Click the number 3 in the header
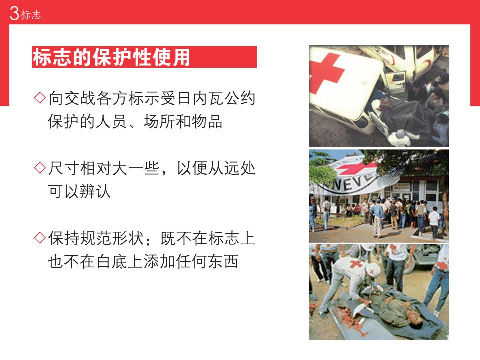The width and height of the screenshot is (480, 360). tap(14, 13)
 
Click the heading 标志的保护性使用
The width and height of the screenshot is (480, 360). tap(111, 57)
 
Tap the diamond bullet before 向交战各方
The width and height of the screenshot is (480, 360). tap(40, 98)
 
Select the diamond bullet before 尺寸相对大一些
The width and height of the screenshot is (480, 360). tap(40, 168)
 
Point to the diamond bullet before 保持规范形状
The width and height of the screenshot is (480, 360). tap(40, 238)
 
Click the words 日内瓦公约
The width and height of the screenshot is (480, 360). tap(216, 98)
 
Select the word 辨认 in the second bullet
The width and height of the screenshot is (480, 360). tap(95, 192)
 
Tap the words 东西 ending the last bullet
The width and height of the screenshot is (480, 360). tap(223, 261)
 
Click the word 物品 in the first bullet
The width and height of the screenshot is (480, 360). tap(207, 122)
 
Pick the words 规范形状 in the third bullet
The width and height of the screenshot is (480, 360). tap(111, 238)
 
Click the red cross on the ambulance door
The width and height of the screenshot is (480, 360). tap(325, 74)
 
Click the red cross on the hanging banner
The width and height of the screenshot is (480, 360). tap(356, 168)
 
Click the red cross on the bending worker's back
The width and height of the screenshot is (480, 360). tap(355, 264)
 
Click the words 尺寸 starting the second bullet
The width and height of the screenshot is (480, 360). tap(64, 168)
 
